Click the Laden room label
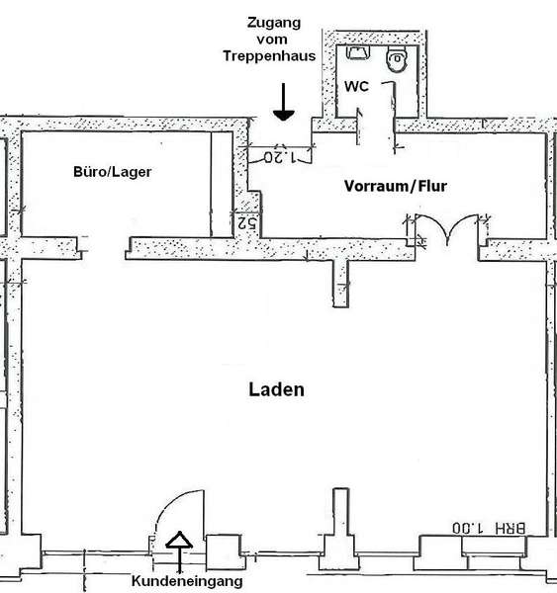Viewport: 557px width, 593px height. (x=276, y=389)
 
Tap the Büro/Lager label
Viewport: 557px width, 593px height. (x=113, y=172)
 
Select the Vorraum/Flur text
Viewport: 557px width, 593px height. (x=396, y=186)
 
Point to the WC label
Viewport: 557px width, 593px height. (x=356, y=86)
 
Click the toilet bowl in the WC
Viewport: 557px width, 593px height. (x=397, y=59)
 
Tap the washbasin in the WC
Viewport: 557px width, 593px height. (x=357, y=52)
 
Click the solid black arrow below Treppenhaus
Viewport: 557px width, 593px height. (x=284, y=102)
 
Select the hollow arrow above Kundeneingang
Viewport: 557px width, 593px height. (x=179, y=551)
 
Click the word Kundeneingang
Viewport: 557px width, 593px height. (x=187, y=581)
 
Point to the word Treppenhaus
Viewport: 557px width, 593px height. (x=269, y=56)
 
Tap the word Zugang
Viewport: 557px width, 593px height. (x=274, y=23)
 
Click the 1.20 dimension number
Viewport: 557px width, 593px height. (x=280, y=157)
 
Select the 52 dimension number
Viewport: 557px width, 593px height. (x=247, y=223)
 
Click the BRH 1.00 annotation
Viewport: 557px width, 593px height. (x=489, y=528)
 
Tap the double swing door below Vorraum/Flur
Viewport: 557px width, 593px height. (x=447, y=227)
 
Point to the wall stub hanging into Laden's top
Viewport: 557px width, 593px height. (x=340, y=283)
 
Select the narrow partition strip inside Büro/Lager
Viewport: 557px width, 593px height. (x=222, y=185)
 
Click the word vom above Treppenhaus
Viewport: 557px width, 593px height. (x=271, y=39)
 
